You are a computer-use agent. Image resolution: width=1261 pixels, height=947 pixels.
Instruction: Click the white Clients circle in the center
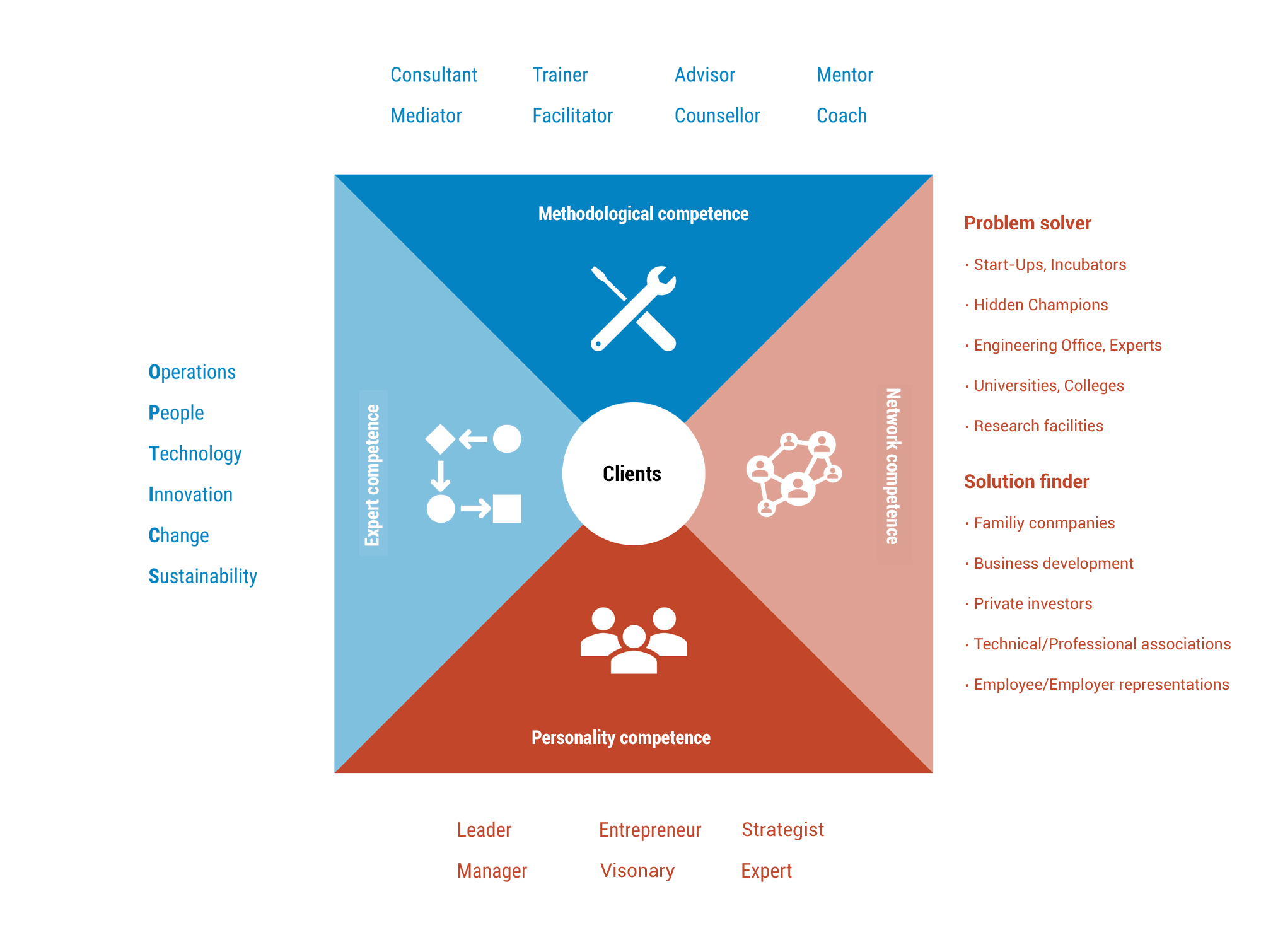(x=633, y=474)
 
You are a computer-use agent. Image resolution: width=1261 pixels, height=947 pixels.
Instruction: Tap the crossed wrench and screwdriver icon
(x=633, y=308)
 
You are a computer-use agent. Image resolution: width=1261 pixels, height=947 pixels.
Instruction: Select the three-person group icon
(x=634, y=640)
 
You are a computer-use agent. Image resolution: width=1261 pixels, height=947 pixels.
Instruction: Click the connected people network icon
(x=794, y=474)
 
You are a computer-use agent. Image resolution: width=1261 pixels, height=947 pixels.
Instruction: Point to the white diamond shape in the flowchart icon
(x=440, y=439)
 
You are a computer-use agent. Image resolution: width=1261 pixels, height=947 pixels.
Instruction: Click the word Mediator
(x=426, y=116)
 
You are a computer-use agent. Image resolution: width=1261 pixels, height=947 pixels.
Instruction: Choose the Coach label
(x=841, y=116)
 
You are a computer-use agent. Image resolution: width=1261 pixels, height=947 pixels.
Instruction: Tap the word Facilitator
(x=572, y=116)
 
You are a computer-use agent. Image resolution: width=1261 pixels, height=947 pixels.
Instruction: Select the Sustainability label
(x=202, y=576)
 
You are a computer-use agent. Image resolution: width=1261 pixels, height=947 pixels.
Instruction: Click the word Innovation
(x=190, y=495)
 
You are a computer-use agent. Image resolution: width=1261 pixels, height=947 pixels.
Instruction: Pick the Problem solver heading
(x=1027, y=223)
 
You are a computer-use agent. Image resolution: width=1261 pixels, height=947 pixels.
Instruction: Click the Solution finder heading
(x=1026, y=482)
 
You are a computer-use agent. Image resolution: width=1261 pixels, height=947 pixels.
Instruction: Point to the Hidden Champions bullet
(x=1040, y=305)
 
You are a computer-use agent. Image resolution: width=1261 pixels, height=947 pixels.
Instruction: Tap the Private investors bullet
(x=1033, y=604)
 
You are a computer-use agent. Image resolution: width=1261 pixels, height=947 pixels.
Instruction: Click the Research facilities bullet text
(x=1038, y=426)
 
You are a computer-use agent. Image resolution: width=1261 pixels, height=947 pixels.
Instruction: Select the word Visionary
(x=637, y=871)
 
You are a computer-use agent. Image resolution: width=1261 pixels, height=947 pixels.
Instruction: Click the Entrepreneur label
(x=650, y=830)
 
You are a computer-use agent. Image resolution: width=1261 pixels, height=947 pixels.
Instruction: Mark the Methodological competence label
(x=643, y=214)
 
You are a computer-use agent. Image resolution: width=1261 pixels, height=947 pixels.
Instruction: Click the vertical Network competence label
(x=893, y=467)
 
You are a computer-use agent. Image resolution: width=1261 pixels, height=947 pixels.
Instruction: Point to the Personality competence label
(x=620, y=738)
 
